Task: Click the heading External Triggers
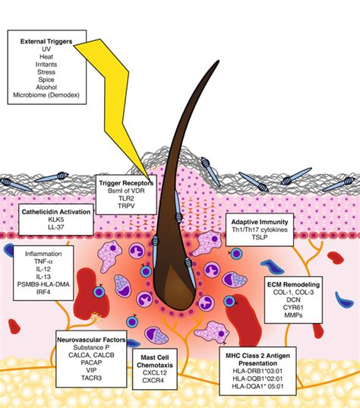click(46, 41)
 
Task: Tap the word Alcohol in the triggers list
click(46, 87)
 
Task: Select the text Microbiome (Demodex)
click(46, 95)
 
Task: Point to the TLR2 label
click(126, 198)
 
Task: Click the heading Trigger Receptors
click(126, 183)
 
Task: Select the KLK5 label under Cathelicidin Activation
click(56, 220)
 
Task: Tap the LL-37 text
click(56, 227)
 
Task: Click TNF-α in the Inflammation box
click(43, 261)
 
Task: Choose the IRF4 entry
click(43, 292)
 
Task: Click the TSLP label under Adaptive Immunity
click(260, 237)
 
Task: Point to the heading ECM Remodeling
click(293, 284)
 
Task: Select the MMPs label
click(293, 315)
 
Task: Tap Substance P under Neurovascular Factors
click(91, 347)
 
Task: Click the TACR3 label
click(91, 378)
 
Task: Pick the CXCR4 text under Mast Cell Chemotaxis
click(153, 381)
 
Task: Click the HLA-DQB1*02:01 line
click(257, 378)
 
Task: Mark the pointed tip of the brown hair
click(218, 61)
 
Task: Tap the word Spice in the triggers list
click(46, 80)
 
